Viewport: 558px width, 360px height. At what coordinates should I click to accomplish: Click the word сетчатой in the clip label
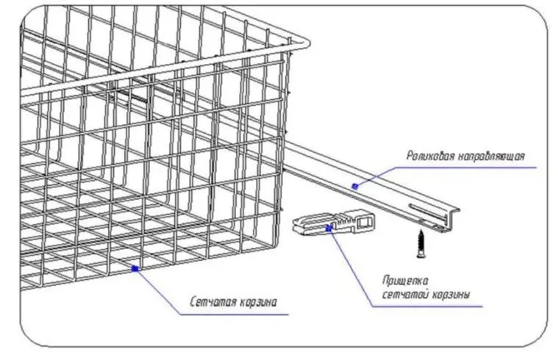pos(404,295)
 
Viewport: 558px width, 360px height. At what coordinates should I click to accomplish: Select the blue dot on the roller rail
pos(354,186)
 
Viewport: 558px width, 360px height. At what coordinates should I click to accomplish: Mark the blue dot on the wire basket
pos(135,270)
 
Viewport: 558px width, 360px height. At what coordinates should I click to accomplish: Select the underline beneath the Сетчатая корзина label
pos(235,314)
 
